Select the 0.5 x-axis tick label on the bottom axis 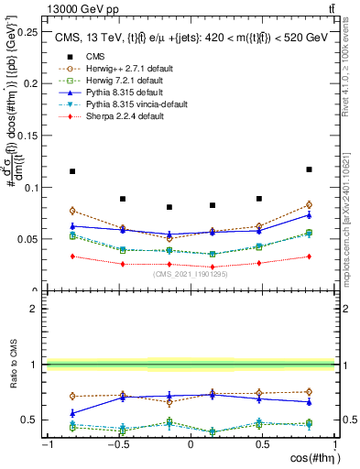pos(263,443)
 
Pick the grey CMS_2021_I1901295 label pos(191,273)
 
